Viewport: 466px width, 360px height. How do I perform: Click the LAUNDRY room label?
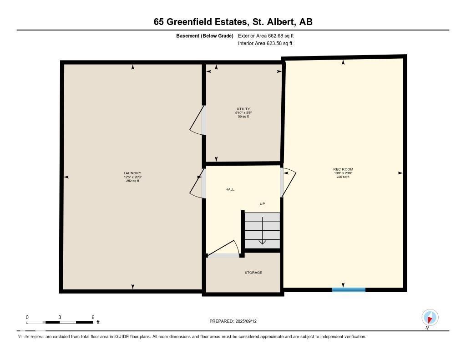132,173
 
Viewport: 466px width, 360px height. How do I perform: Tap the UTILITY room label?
243,109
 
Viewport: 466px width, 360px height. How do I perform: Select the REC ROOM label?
343,169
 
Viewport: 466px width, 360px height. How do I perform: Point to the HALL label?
230,189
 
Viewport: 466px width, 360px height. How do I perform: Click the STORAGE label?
253,273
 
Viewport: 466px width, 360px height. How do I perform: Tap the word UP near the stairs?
262,203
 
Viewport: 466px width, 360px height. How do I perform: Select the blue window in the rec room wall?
349,289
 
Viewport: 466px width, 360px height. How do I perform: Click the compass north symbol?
430,318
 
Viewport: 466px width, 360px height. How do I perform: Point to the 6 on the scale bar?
92,317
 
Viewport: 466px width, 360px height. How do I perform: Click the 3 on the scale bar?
60,317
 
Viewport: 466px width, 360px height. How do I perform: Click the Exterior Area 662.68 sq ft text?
269,35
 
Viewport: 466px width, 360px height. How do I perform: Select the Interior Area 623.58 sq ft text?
265,44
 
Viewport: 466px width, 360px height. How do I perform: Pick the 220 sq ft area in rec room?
343,177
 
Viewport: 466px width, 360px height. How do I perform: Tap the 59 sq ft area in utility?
243,117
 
